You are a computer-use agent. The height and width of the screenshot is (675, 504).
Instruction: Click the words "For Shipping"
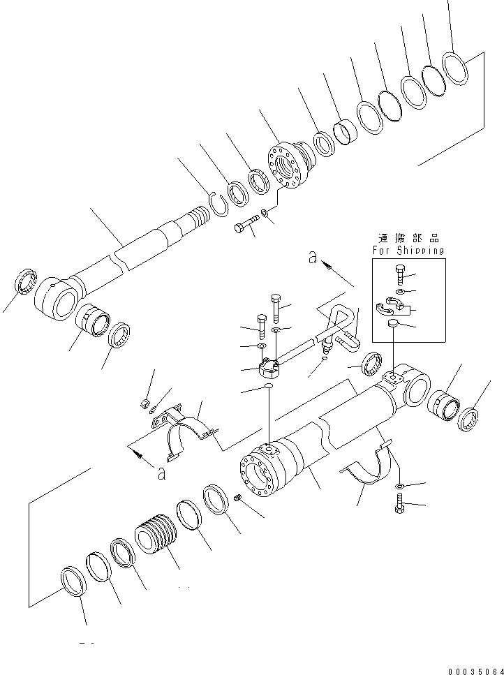(408, 250)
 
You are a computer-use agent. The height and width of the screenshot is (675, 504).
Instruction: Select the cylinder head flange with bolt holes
(288, 166)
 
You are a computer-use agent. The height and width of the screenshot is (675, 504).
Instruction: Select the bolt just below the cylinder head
(244, 227)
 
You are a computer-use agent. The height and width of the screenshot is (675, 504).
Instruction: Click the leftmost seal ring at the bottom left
(72, 580)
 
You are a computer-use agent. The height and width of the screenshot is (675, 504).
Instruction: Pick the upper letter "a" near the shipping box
(313, 258)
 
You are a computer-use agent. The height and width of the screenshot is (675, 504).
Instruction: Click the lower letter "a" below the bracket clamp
(161, 473)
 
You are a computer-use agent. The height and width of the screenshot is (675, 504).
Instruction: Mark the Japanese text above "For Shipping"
(408, 237)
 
